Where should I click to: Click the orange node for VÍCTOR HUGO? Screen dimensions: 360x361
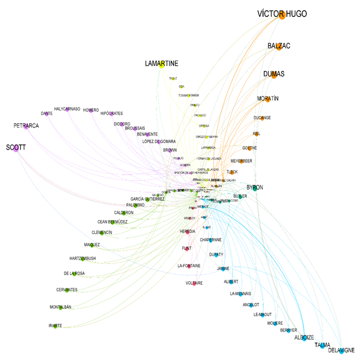point(282,16)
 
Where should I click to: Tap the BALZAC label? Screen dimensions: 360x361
point(279,46)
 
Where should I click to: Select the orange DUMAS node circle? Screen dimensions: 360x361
point(274,75)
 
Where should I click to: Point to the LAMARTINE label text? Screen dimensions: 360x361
point(162,63)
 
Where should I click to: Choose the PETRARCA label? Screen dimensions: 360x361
point(26,126)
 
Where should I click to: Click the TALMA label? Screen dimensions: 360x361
point(322,345)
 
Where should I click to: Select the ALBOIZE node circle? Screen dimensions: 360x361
point(304,338)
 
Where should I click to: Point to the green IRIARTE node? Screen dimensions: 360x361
point(55,326)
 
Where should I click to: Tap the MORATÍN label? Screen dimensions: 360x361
point(267,99)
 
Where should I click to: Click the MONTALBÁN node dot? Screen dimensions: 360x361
point(61,308)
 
